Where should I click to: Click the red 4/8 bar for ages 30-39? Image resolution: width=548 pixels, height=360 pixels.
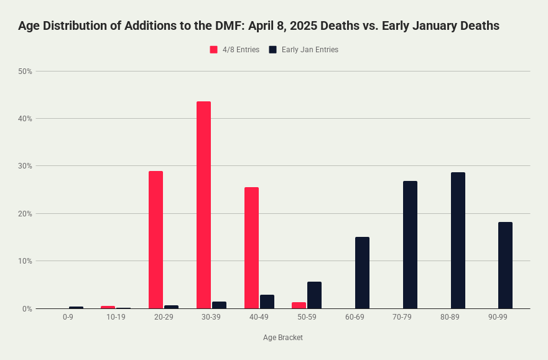coord(203,205)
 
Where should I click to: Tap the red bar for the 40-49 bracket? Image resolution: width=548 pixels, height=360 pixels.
coord(251,247)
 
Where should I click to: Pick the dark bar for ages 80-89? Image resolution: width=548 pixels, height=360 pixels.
coord(458,240)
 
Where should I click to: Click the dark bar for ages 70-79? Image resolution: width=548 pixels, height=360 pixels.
coord(410,244)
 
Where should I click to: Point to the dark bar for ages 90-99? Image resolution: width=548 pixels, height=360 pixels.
coord(505,265)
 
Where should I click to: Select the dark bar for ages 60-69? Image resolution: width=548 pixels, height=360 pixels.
coord(362,272)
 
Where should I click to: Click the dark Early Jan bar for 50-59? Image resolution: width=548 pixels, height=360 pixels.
coord(314,295)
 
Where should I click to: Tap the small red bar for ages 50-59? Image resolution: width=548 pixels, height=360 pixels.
coord(299,305)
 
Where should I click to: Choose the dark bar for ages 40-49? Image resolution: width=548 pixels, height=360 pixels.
coord(267,302)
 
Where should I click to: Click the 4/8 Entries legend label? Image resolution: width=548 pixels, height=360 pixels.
coord(241,50)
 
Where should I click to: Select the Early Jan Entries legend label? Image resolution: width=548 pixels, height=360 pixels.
coord(309,50)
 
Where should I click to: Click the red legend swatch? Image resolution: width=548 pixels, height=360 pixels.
coord(213,50)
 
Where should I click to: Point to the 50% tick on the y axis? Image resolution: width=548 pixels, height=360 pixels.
coord(25,71)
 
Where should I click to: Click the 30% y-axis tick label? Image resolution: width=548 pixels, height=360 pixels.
coord(25,166)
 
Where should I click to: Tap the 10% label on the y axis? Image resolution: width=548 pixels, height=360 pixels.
coord(25,261)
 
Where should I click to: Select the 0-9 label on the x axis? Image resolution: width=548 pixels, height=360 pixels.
coord(68,317)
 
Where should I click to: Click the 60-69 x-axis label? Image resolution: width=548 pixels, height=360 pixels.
coord(355,317)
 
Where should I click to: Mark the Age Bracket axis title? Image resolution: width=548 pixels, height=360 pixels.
coord(283,338)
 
